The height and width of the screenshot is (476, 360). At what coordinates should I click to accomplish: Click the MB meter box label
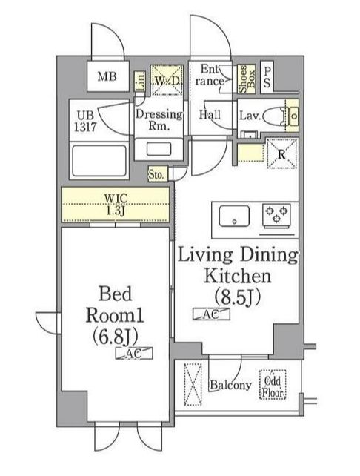coord(107,77)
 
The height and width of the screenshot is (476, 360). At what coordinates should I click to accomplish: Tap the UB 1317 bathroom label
coord(85,121)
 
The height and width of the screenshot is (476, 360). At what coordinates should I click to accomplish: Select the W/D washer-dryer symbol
coord(167,81)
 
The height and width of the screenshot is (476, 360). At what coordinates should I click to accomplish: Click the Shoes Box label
coord(247,79)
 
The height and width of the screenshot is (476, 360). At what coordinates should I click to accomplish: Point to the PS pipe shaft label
coord(267,77)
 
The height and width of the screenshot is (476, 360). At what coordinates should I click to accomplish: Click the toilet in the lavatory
coord(275,116)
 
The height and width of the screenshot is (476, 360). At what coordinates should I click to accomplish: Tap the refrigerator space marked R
coord(281,153)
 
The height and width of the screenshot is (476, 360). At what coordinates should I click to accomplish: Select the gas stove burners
coord(276,214)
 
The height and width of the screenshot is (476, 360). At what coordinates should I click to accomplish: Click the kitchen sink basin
coord(234,216)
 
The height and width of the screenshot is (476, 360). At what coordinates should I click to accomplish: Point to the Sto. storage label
coord(156,175)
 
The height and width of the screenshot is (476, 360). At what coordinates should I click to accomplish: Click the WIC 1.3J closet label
coord(116,205)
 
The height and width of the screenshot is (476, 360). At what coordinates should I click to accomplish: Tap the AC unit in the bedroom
coord(134,353)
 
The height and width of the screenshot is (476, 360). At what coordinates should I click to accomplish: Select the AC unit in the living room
coord(211,314)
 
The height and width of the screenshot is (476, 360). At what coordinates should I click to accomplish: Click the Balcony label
coord(230,385)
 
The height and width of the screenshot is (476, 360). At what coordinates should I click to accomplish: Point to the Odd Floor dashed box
coord(273,385)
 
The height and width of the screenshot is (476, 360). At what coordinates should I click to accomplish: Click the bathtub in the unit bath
coord(99,161)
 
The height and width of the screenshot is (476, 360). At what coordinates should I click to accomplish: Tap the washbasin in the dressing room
coord(159,149)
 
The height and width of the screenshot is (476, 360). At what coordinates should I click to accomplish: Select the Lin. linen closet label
coord(140,82)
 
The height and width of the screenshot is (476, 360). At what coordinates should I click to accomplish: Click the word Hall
coord(210,115)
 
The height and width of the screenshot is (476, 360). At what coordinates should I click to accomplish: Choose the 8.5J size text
coord(238,298)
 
